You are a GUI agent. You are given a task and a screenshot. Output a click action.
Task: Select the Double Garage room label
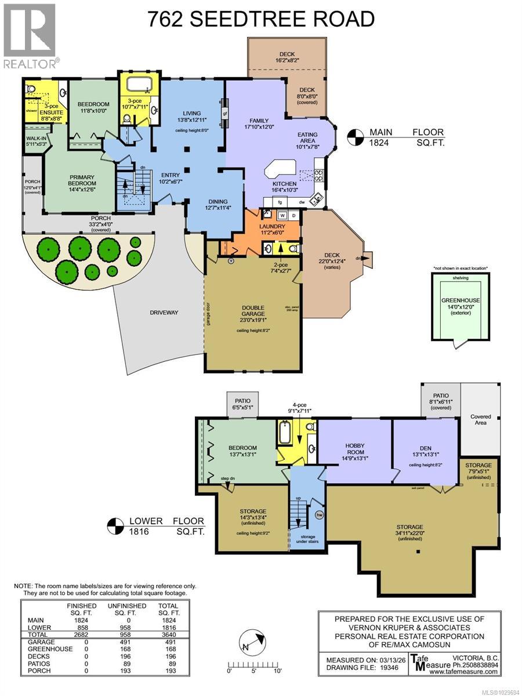[x=253, y=311]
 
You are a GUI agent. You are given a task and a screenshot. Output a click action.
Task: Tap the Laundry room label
[x=271, y=226]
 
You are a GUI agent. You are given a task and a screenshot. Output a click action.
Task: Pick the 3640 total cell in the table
[x=168, y=635]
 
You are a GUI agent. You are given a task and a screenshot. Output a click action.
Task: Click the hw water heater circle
[x=319, y=514]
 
